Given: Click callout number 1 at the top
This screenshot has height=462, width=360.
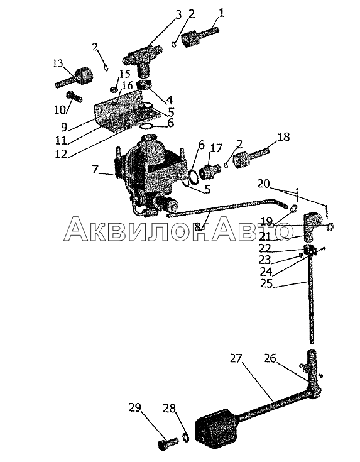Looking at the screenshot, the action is point(221,13).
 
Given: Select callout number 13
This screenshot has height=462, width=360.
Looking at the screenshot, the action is point(58,63).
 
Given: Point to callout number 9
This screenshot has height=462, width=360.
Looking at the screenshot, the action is point(64,127).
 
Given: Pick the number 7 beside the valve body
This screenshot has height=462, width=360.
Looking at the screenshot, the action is point(95,170).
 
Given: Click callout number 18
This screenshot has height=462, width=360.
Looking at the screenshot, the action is point(283,137).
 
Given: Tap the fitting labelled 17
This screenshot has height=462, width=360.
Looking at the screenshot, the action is point(210,170).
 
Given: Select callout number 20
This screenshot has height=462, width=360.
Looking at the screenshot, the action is point(263,184).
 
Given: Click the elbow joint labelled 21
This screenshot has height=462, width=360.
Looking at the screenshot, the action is point(310,226).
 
